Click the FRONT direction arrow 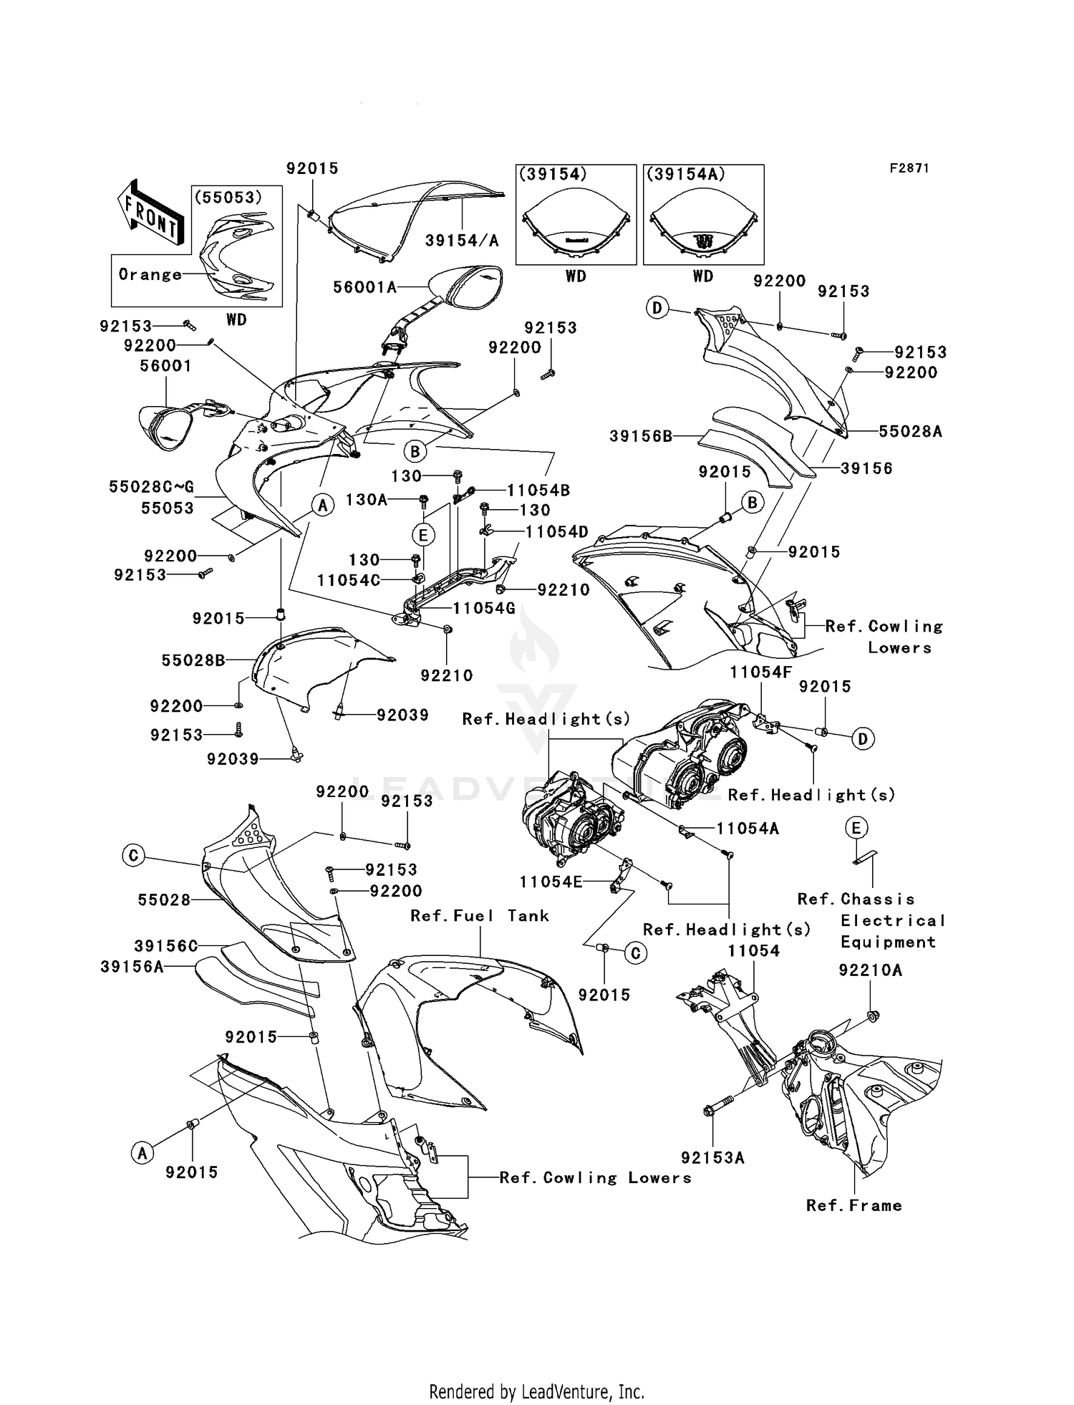150,213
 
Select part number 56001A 364,287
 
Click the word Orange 150,274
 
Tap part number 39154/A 462,241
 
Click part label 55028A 910,431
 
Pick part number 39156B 641,435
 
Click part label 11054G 484,608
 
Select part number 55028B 193,660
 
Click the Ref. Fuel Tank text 480,915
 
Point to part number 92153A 712,1158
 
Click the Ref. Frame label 853,1205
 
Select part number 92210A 871,970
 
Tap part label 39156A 132,967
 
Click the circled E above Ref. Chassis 856,829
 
